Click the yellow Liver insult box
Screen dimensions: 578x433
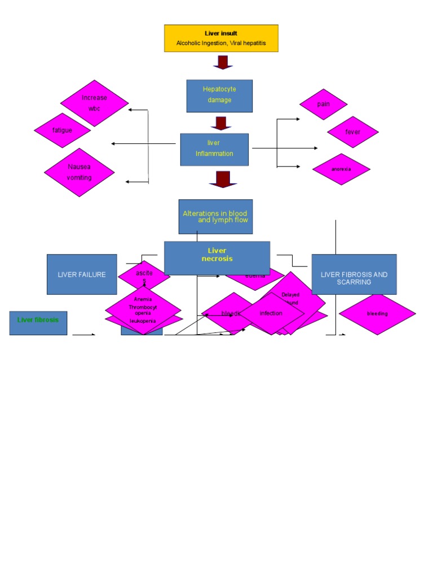(x=221, y=38)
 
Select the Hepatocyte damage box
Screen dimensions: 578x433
(x=219, y=95)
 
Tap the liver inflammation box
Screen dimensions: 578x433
(x=214, y=149)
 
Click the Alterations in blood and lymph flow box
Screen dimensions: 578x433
(x=215, y=216)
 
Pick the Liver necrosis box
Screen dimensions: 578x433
(x=217, y=257)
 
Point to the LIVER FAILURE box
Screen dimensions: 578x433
(x=82, y=274)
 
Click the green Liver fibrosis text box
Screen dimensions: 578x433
(x=38, y=321)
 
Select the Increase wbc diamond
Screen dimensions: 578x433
(x=94, y=103)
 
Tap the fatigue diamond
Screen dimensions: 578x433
(x=62, y=130)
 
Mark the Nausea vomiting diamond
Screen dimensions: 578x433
(x=79, y=172)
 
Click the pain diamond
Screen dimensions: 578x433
(x=323, y=104)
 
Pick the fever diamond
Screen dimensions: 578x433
(x=352, y=132)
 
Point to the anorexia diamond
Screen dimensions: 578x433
(x=341, y=169)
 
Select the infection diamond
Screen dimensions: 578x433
(x=271, y=313)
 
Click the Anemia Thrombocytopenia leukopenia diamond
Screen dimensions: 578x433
(x=143, y=309)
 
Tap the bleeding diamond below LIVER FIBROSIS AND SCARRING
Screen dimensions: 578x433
(x=377, y=313)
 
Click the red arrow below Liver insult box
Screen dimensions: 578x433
(x=223, y=62)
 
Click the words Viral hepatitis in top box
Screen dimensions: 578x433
(x=247, y=43)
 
